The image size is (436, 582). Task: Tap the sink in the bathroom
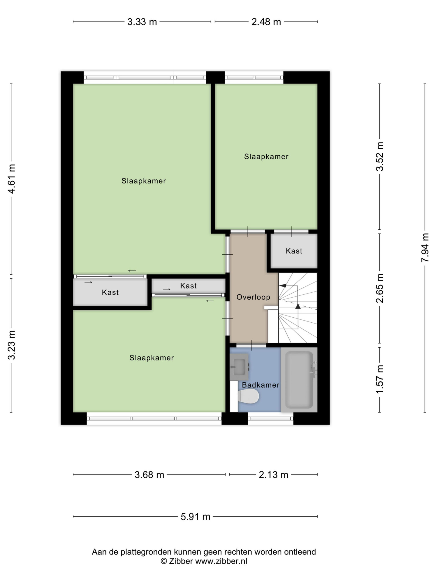click(x=239, y=367)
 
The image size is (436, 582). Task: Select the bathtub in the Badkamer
click(x=299, y=380)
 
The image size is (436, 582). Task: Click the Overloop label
click(x=253, y=297)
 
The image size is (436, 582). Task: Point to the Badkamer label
click(x=260, y=385)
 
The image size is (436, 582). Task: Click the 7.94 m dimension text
click(x=425, y=248)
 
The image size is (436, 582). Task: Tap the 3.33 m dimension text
click(x=142, y=22)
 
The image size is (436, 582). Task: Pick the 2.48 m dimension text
click(x=266, y=22)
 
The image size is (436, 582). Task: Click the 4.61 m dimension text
click(x=12, y=179)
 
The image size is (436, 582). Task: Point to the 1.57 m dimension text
click(x=380, y=379)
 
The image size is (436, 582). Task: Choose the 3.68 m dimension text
click(x=149, y=475)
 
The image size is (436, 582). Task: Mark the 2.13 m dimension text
click(x=273, y=475)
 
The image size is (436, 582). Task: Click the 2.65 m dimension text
click(x=380, y=288)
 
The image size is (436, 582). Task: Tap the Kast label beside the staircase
click(x=294, y=251)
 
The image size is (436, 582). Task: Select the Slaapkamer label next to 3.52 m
click(x=266, y=157)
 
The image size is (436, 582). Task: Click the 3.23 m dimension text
click(x=12, y=345)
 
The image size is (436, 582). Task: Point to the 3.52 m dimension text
click(x=380, y=157)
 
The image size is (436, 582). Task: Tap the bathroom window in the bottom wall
click(x=270, y=418)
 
